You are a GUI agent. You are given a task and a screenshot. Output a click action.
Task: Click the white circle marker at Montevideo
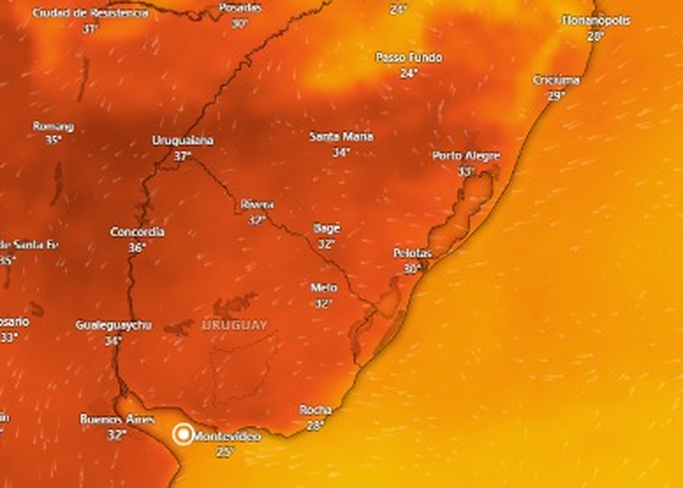coord(183,434)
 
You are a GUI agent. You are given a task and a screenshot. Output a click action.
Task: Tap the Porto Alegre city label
coord(466,156)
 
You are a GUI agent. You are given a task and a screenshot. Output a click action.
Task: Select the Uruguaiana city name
coord(182,141)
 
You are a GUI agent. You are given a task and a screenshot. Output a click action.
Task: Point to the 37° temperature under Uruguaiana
coord(182,156)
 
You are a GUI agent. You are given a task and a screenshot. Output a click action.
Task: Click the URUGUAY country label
coord(234,325)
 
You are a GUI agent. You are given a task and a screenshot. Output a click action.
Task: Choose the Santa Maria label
coord(341,137)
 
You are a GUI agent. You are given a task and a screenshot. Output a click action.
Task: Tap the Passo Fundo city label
coord(409,57)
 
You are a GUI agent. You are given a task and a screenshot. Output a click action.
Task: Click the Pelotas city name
coord(413,254)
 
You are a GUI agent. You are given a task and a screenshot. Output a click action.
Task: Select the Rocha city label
coord(316,410)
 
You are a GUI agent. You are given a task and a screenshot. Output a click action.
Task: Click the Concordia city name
coord(137,232)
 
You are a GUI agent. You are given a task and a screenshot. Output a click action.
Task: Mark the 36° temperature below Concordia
coord(137,247)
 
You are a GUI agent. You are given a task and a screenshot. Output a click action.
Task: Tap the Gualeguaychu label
coord(113,325)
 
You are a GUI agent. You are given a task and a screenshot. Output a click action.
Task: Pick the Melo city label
coord(324,288)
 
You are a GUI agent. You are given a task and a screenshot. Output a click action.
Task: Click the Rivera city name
coord(257,204)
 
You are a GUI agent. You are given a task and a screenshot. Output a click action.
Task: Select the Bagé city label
coord(326,228)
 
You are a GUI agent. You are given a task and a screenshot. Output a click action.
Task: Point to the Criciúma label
coord(556,81)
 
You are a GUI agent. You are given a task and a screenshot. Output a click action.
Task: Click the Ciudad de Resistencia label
coord(90,14)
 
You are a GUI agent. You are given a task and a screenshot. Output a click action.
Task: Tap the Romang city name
coord(53,126)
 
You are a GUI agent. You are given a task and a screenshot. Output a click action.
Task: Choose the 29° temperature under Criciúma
coord(556,96)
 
